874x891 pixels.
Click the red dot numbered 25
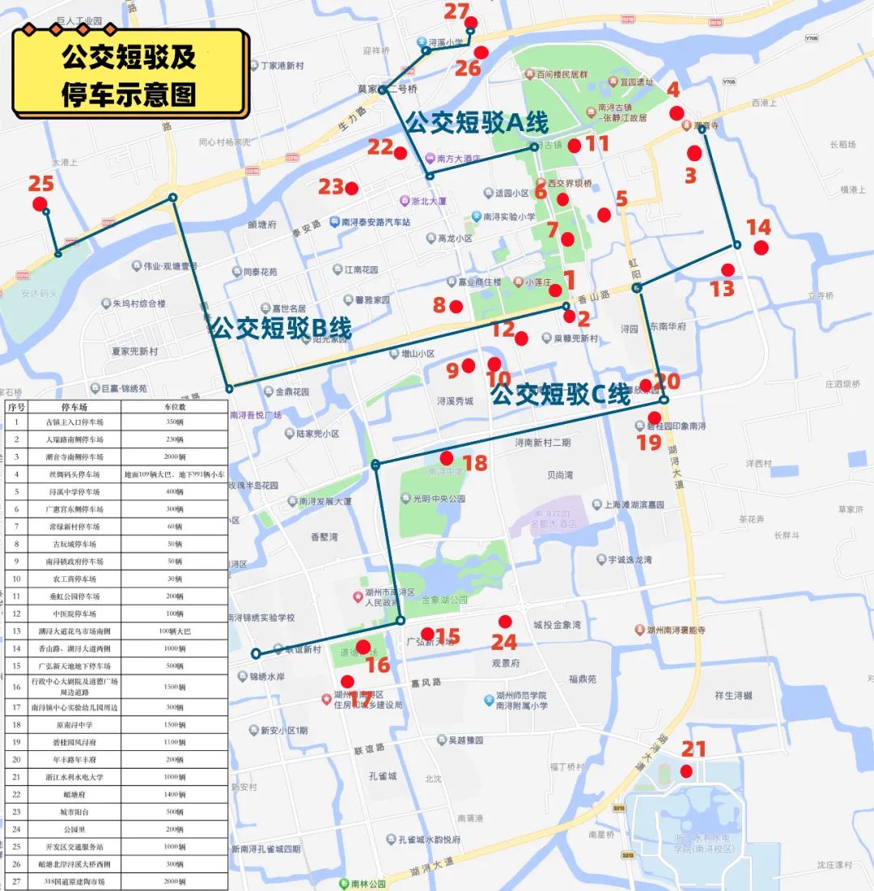(40, 204)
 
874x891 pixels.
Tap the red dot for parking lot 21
(686, 771)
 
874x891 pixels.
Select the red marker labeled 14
(761, 248)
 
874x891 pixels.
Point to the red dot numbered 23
(351, 189)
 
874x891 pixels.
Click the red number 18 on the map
(475, 463)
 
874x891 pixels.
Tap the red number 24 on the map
(504, 642)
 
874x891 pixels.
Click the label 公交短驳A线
(477, 123)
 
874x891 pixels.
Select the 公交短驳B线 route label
(280, 328)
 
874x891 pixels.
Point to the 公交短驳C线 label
(560, 395)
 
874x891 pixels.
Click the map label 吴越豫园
(465, 740)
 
